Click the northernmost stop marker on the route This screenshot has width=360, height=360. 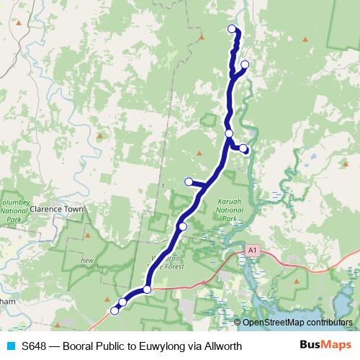(x=232, y=29)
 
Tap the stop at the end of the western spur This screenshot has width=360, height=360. (x=189, y=181)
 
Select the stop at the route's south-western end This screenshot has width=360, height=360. (x=114, y=311)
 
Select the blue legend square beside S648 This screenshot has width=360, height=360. (x=11, y=346)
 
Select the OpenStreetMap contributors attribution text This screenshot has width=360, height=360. (x=297, y=323)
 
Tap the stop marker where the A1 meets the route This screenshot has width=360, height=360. (x=147, y=289)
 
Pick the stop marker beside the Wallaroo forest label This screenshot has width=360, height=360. (x=182, y=227)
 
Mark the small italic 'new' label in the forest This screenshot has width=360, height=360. (x=88, y=259)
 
